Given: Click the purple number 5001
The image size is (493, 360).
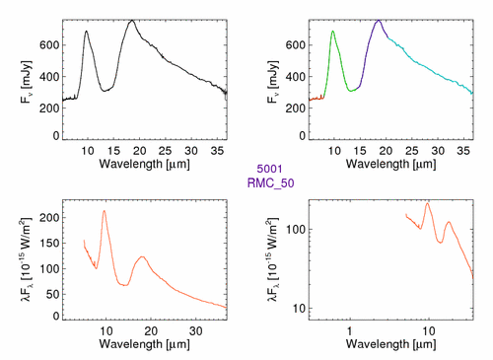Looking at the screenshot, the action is (269, 169).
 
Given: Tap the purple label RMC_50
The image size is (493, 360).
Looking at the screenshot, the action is (270, 183).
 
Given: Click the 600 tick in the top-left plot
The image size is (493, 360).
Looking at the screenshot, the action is (49, 45).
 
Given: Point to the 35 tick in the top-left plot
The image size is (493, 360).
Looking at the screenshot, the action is (217, 151).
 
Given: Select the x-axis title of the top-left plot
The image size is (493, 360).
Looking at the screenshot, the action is (145, 164).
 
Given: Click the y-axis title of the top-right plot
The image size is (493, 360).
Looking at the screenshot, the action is (272, 82).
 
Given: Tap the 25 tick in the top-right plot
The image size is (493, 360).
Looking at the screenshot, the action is (412, 151).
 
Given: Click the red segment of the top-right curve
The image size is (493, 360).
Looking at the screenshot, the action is (317, 98).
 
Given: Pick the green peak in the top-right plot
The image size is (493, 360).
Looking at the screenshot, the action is (332, 32).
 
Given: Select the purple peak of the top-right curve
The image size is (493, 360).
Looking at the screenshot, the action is (379, 21).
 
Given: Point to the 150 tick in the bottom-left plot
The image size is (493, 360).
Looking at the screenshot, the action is (49, 244).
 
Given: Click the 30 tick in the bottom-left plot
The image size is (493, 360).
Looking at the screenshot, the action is (196, 331).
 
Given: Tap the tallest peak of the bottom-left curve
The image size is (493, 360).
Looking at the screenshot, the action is (105, 211).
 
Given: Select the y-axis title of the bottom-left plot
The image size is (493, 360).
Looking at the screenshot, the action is (27, 259).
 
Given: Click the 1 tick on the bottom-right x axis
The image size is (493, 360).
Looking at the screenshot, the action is (350, 331).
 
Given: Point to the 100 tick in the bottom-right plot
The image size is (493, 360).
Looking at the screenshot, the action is (296, 229).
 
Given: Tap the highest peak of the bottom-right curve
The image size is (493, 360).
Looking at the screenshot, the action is (427, 203).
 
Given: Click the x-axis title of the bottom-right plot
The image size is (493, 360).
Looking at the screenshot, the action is (391, 344).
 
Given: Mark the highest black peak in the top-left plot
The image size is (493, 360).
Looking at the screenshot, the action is (132, 21).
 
